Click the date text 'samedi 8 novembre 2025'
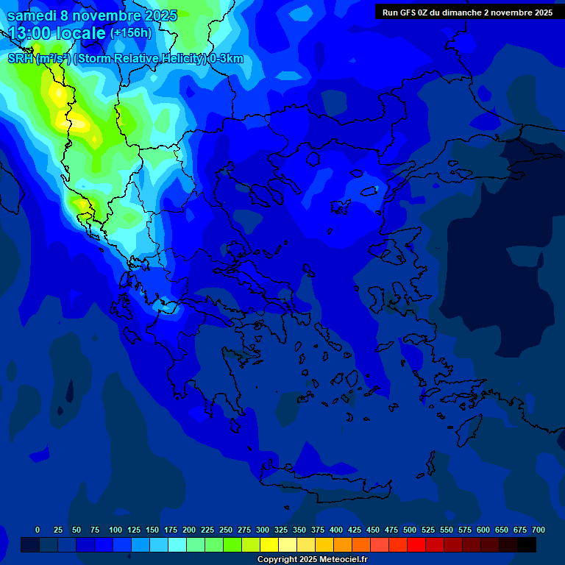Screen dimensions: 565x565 tap(92, 15)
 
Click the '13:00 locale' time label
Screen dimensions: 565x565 tap(57, 34)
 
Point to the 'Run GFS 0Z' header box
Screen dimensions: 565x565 tap(467, 13)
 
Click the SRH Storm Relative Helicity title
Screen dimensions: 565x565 tap(125, 59)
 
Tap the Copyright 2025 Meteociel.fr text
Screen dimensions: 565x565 tap(312, 560)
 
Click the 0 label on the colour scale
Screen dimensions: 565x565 tap(38, 530)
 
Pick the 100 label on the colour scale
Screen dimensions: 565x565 tap(116, 530)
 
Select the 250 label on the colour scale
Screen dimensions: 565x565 tap(226, 530)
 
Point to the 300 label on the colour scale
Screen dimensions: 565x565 tap(263, 530)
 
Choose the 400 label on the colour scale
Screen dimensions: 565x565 tap(336, 530)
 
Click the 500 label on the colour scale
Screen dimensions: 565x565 tap(410, 530)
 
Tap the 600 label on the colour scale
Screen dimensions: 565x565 tap(483, 530)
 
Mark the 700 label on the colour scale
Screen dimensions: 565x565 tap(539, 530)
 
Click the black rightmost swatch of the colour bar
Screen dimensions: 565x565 tap(527, 544)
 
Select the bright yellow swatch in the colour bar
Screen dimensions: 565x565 tap(269, 544)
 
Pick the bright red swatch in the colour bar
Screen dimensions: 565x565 tap(416, 544)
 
